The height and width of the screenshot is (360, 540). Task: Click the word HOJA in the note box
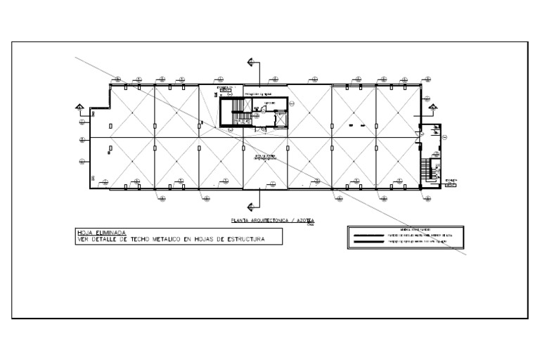click(85, 231)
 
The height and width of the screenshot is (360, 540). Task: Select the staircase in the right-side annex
click(425, 169)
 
